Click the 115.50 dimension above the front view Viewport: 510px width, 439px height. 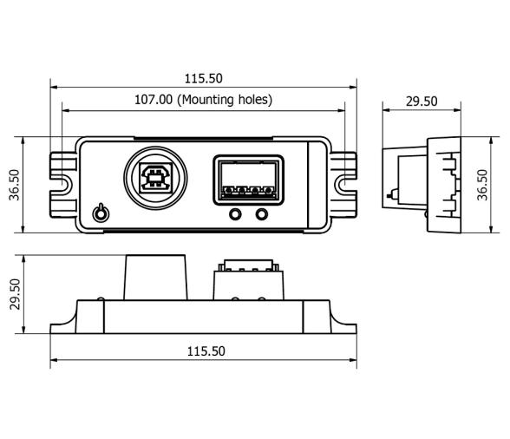[204, 79]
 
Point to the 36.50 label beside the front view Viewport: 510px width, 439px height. [16, 185]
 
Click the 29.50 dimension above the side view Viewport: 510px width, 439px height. [422, 101]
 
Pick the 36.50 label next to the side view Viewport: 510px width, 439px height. [483, 185]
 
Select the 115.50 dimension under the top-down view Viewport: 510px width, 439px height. [204, 351]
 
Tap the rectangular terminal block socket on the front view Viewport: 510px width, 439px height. [246, 180]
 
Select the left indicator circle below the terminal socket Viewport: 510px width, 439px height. [234, 214]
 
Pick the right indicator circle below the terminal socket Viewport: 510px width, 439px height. [259, 214]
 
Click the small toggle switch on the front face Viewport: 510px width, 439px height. [101, 212]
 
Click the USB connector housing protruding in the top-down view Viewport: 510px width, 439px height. [157, 276]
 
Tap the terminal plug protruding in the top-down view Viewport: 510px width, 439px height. [246, 279]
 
